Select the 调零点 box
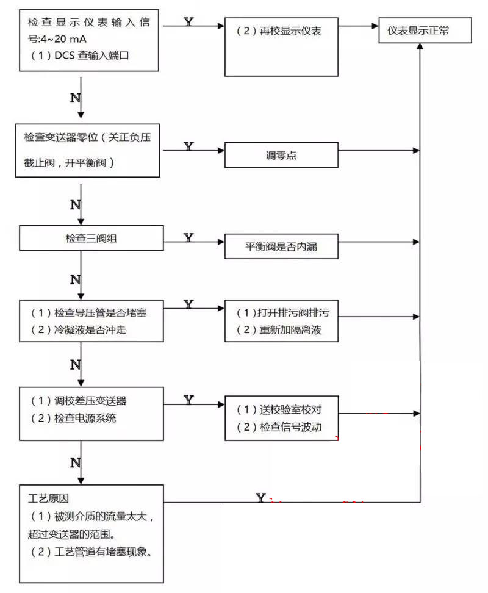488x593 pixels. (x=281, y=156)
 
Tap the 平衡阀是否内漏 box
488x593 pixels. (x=281, y=247)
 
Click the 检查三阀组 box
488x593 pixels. (x=91, y=238)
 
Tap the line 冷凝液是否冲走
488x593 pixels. (x=91, y=330)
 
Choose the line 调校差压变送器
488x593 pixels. (x=91, y=401)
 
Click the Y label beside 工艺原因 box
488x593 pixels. (x=260, y=498)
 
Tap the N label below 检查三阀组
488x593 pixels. (x=76, y=279)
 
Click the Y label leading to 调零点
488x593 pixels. (x=189, y=146)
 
